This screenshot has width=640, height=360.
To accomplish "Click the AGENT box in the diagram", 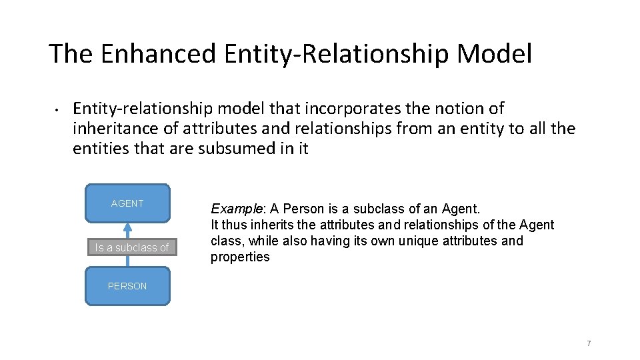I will coord(127,203).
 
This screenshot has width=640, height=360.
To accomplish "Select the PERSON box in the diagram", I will coord(127,286).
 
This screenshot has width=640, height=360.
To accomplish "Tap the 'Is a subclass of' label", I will coord(131,247).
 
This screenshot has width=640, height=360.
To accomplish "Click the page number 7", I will coord(589,343).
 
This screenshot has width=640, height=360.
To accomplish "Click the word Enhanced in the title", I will coord(158,54).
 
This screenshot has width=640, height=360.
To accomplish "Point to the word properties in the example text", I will coord(240,257).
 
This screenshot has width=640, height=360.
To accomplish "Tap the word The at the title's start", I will coord(71,54).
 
